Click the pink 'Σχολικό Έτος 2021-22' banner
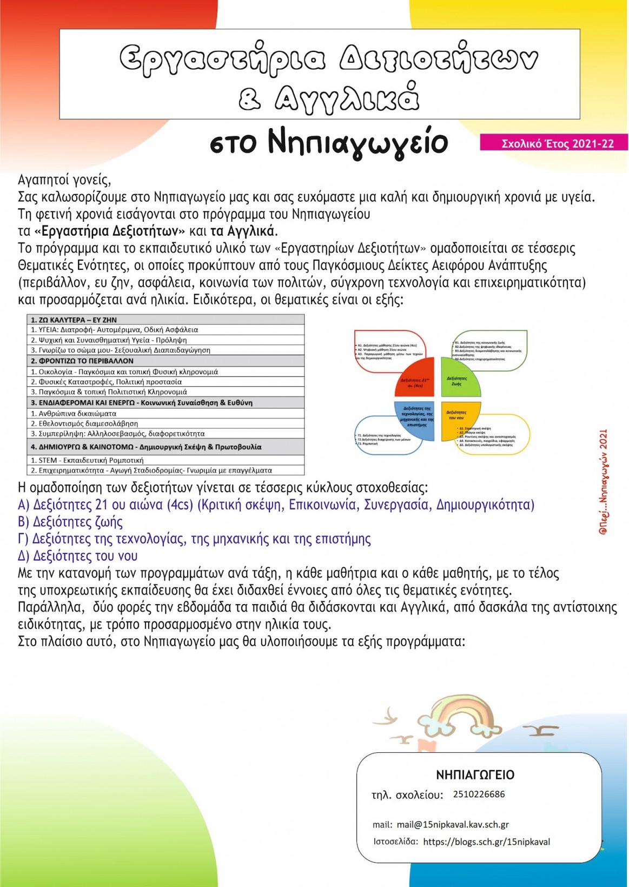pos(554,143)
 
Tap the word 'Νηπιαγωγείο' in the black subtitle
pos(357,143)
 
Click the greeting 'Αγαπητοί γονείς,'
pos(64,180)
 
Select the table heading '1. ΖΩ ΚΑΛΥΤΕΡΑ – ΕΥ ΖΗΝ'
pos(74,320)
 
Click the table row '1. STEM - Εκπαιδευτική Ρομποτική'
pos(87,460)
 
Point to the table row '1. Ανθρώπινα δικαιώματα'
pos(74,413)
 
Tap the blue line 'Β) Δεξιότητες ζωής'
pos(70,522)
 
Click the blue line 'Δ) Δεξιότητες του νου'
pos(78,556)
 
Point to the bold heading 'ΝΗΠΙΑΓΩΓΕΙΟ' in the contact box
pos(475,775)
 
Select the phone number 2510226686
pos(479,794)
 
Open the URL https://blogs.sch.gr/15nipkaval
pos(486,842)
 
